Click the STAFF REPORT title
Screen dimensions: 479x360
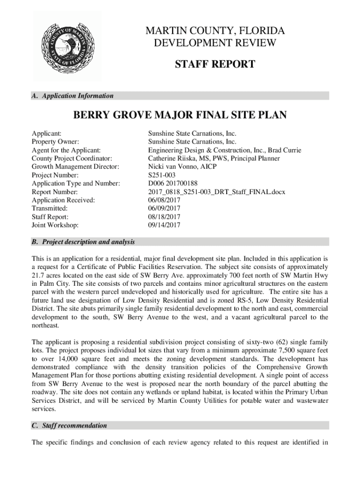215,64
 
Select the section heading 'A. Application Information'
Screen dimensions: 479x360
72,96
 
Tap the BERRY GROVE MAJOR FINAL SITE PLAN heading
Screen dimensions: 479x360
180,115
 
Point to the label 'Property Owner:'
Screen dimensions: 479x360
55,142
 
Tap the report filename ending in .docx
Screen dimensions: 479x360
216,192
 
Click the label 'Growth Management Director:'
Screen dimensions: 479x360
75,167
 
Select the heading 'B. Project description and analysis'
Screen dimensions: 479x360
83,242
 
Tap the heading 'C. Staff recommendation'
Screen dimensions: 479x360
69,426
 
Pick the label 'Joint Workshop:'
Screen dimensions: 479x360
55,225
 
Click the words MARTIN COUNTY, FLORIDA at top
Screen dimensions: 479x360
215,32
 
